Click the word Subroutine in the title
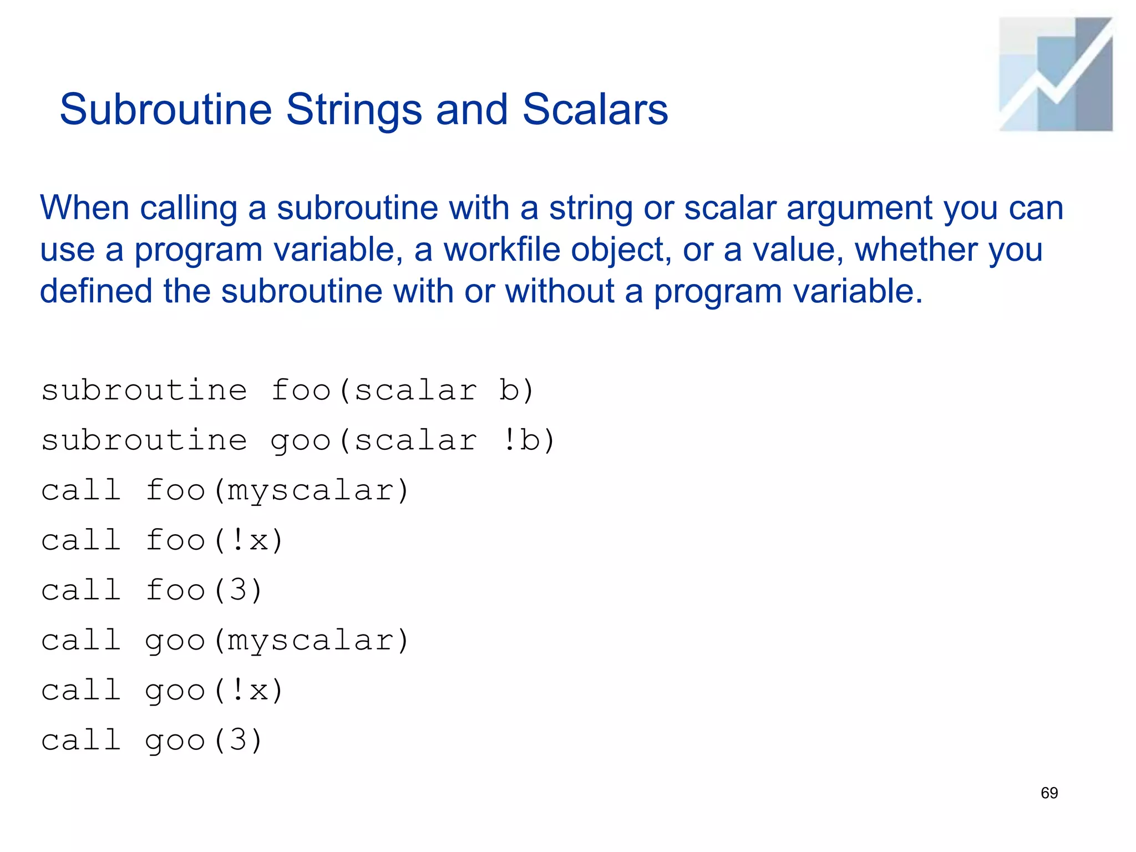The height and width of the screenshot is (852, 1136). pyautogui.click(x=165, y=109)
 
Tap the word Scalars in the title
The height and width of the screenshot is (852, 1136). pyautogui.click(x=595, y=109)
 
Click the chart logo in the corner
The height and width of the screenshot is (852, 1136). pyautogui.click(x=1055, y=74)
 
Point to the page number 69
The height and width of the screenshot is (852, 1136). pyautogui.click(x=1049, y=793)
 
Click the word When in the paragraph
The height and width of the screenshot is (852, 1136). pyautogui.click(x=84, y=208)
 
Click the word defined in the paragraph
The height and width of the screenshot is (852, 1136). pyautogui.click(x=96, y=291)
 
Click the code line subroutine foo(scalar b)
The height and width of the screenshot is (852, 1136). pyautogui.click(x=287, y=390)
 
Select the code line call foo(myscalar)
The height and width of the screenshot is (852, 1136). pyautogui.click(x=225, y=490)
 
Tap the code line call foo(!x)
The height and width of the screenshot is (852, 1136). pyautogui.click(x=162, y=540)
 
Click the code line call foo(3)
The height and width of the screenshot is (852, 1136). pyautogui.click(x=151, y=590)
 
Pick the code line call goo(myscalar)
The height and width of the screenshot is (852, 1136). pyautogui.click(x=225, y=641)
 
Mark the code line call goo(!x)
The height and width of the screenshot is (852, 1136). pyautogui.click(x=162, y=691)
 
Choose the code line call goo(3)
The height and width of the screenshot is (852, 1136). pyautogui.click(x=151, y=741)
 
